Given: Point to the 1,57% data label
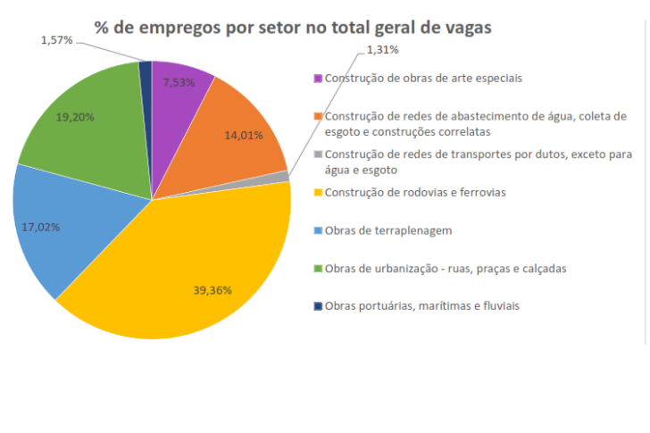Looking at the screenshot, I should (56, 41).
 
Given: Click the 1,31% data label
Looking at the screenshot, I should (383, 50).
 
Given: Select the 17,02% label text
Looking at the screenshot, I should (40, 227).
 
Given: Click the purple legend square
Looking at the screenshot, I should (319, 79).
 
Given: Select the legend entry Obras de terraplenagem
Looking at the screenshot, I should (388, 230).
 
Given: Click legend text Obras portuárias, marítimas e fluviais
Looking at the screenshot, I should (422, 305).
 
